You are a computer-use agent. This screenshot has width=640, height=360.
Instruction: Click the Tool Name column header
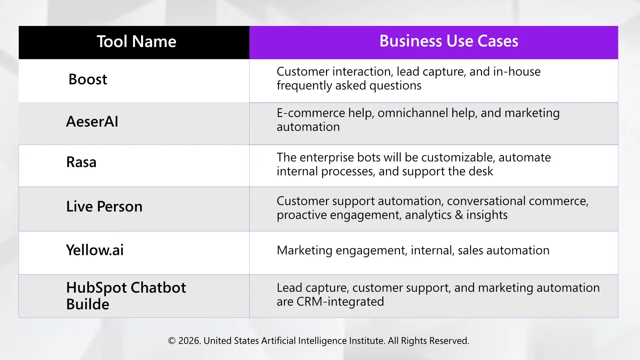pos(136,42)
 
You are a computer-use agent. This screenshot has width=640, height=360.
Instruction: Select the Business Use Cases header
pos(449,41)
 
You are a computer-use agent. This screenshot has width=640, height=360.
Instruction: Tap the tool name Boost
pos(88,79)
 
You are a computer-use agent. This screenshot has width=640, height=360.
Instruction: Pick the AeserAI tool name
pos(92,121)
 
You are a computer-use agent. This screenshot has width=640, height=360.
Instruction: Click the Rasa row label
pos(81,162)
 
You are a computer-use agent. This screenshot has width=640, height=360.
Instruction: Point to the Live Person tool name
pos(104,207)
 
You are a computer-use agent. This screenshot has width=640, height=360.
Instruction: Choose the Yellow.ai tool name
pos(95,250)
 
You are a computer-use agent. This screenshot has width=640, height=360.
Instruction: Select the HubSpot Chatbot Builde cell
pos(126,296)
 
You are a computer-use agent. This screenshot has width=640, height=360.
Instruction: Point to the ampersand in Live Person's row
pos(459,215)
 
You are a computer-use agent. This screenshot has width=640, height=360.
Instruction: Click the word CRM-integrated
pos(340,302)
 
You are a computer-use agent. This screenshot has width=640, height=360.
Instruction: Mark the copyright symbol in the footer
pos(172,341)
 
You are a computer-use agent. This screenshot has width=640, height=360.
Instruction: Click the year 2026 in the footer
pos(189,341)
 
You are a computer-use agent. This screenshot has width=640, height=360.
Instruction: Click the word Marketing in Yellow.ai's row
pos(304,250)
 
